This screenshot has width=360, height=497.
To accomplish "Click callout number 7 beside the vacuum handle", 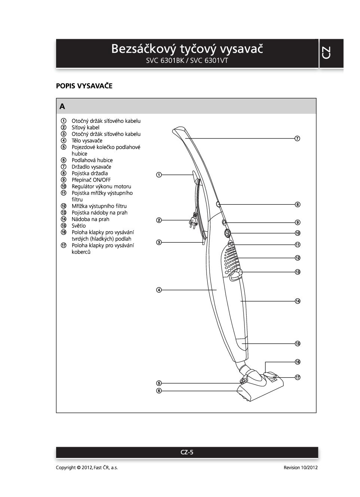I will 297,138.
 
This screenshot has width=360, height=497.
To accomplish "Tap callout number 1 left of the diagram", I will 159,175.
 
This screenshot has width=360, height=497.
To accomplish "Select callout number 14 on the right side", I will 297,301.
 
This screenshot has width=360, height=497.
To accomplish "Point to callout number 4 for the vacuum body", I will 159,290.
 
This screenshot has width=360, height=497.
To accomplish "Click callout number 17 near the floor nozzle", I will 297,377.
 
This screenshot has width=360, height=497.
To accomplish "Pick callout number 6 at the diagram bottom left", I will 159,391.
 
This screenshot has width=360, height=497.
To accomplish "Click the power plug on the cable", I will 193,222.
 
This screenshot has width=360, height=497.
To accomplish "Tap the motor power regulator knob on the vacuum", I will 227,233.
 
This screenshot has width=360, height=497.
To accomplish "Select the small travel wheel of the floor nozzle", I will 243,381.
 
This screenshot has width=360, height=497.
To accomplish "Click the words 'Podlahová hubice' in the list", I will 92,160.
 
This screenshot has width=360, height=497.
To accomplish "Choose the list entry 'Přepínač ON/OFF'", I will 91,180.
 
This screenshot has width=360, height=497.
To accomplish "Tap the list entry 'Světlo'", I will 79,226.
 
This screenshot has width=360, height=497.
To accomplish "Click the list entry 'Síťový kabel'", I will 85,128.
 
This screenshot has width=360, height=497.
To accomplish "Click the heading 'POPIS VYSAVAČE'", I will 84,86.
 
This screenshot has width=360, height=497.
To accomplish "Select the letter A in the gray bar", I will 62,107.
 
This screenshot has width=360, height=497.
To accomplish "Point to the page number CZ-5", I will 187,452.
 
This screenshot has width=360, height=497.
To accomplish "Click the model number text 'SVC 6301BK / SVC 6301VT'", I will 187,61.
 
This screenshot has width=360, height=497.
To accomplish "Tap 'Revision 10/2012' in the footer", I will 300,467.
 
